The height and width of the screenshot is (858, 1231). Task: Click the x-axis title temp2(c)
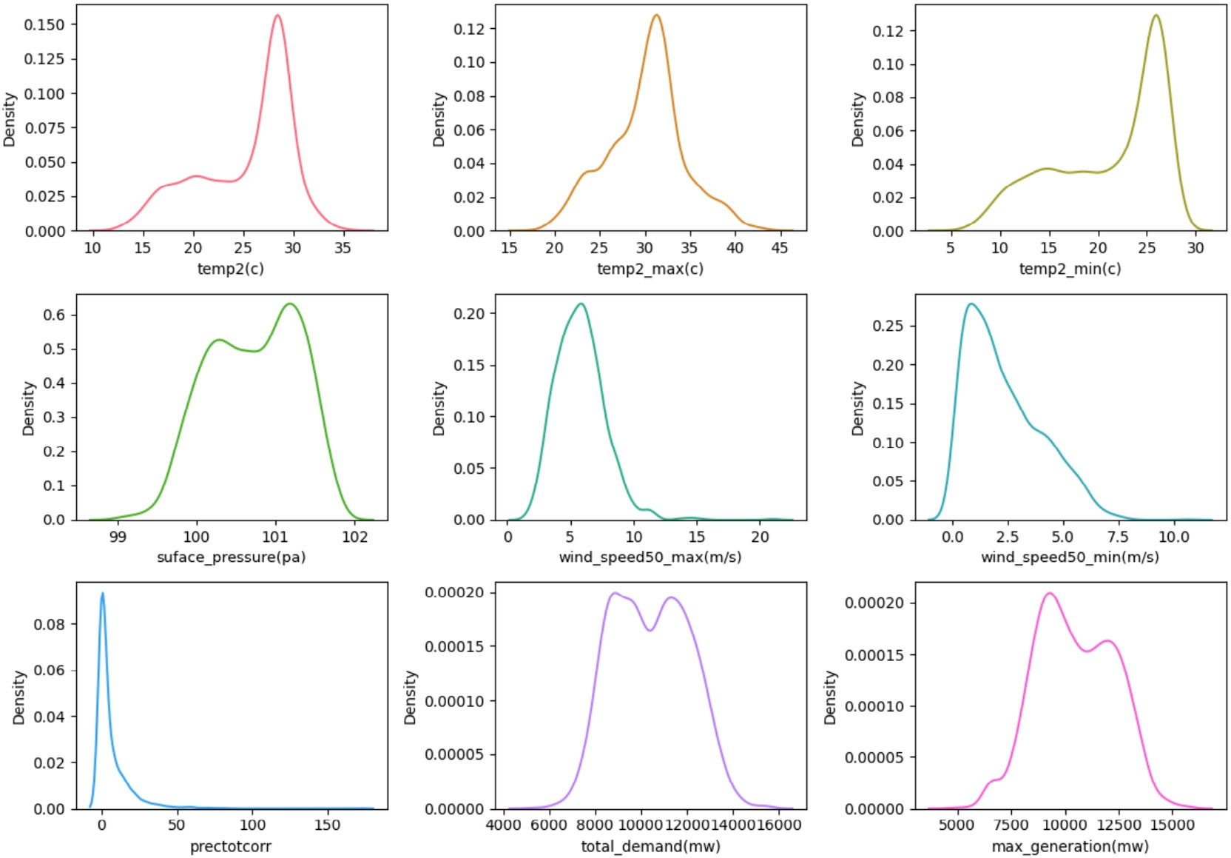pyautogui.click(x=230, y=269)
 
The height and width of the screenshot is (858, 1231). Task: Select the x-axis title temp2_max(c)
pyautogui.click(x=650, y=269)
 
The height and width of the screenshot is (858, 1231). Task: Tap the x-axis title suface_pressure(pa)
pyautogui.click(x=231, y=557)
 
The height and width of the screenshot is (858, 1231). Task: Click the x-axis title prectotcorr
pyautogui.click(x=230, y=846)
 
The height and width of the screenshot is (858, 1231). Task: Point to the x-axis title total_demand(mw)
pyautogui.click(x=650, y=846)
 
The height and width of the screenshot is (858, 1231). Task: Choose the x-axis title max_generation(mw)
pyautogui.click(x=1070, y=846)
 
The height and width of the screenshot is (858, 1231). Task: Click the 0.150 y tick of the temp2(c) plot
pyautogui.click(x=44, y=24)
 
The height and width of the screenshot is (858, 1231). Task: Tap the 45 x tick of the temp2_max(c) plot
pyautogui.click(x=780, y=248)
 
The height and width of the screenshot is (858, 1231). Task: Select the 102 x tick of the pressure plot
pyautogui.click(x=354, y=537)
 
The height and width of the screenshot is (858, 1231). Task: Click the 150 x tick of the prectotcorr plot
pyautogui.click(x=327, y=825)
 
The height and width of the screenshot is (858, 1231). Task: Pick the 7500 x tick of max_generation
pyautogui.click(x=1011, y=825)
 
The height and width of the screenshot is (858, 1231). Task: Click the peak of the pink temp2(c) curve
pyautogui.click(x=277, y=16)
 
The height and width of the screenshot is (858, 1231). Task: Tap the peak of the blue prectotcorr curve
pyautogui.click(x=102, y=593)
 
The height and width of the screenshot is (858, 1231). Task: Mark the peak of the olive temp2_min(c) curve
pyautogui.click(x=1156, y=16)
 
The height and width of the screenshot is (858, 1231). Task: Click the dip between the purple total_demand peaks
pyautogui.click(x=650, y=630)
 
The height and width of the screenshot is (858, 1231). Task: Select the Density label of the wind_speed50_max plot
pyautogui.click(x=439, y=408)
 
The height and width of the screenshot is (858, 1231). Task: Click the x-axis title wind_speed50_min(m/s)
pyautogui.click(x=1070, y=557)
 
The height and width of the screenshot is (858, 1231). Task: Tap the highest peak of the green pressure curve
pyautogui.click(x=289, y=304)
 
